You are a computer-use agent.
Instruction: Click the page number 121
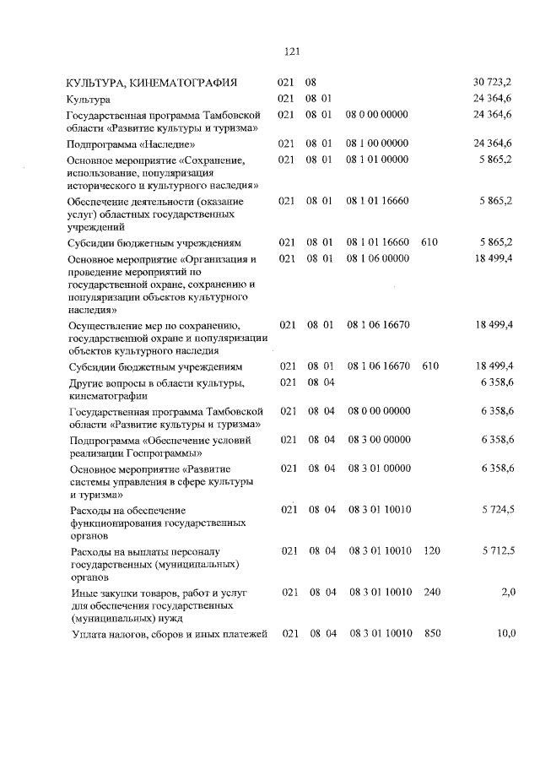pos(294,51)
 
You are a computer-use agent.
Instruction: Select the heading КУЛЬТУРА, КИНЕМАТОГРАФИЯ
pos(152,83)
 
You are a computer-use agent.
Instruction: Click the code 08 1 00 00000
pos(377,144)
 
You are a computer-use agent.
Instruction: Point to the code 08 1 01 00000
pos(377,159)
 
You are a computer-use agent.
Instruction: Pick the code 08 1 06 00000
pos(377,257)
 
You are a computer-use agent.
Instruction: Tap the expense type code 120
pos(432,550)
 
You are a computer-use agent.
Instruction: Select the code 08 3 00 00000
pos(379,439)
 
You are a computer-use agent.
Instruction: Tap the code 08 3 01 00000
pos(379,468)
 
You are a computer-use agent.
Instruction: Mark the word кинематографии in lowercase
pos(107,395)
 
